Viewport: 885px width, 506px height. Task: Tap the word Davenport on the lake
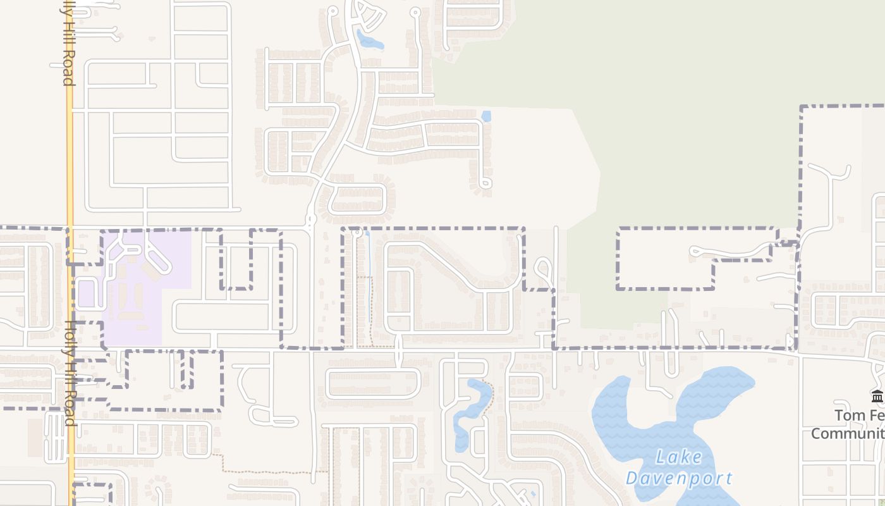[679, 478]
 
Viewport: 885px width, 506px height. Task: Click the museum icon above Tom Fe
[877, 397]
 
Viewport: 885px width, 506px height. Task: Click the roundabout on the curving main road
[310, 221]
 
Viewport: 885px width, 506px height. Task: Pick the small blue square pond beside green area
[486, 116]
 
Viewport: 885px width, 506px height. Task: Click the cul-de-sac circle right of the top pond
[415, 12]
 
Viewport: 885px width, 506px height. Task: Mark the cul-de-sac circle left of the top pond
[333, 11]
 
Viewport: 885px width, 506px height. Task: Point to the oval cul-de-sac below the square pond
[485, 183]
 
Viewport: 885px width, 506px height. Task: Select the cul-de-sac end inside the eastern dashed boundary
[694, 252]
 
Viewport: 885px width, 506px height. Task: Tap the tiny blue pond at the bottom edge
[533, 493]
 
